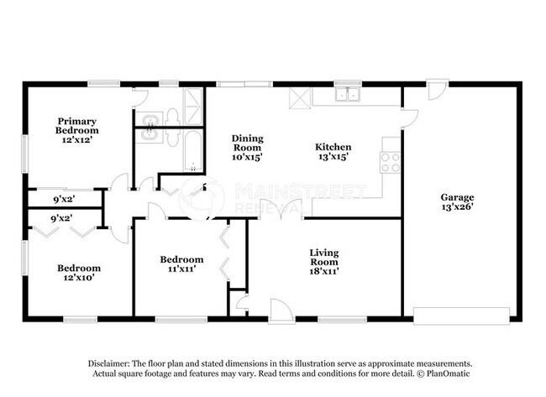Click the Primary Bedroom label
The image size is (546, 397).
pyautogui.click(x=77, y=126)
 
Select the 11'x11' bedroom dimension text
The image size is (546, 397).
pyautogui.click(x=181, y=269)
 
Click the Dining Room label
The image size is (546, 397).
pyautogui.click(x=248, y=147)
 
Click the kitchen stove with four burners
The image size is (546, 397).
pyautogui.click(x=391, y=161)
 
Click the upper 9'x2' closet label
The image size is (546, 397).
pyautogui.click(x=62, y=199)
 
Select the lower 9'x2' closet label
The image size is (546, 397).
pyautogui.click(x=62, y=217)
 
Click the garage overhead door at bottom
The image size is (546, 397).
pyautogui.click(x=462, y=317)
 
